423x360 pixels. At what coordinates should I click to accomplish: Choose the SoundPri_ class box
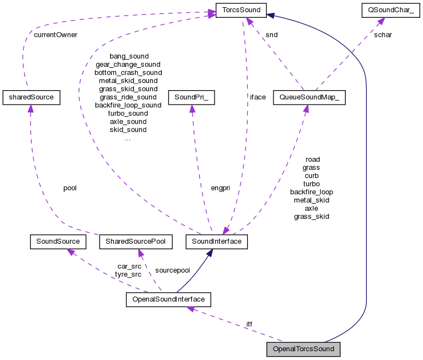click(x=191, y=97)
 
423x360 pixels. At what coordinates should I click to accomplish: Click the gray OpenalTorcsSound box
click(x=303, y=349)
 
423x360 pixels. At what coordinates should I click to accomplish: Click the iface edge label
click(x=258, y=97)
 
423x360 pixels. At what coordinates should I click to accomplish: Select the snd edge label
click(x=272, y=34)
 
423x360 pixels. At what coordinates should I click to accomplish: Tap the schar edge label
click(x=382, y=34)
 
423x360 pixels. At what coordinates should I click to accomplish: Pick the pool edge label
click(x=70, y=188)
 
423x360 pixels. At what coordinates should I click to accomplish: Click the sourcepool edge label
click(x=172, y=270)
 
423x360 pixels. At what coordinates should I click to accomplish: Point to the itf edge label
click(x=250, y=324)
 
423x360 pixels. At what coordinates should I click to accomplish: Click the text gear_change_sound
click(x=128, y=65)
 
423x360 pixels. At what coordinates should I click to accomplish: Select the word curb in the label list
click(x=311, y=175)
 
